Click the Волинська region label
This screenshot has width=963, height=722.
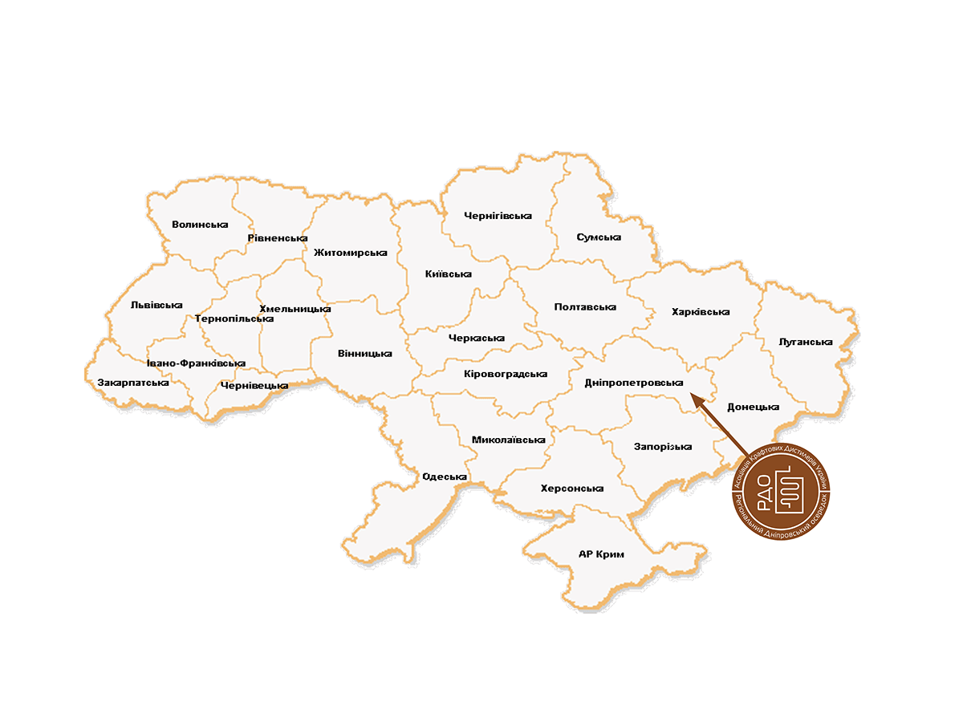[x=200, y=225]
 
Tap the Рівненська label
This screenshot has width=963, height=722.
[x=278, y=238]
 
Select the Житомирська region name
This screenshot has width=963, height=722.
[x=350, y=253]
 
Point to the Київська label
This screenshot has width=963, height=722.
[x=448, y=274]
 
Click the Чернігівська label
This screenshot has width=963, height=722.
[x=498, y=216]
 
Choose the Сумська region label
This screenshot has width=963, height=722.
[x=599, y=237]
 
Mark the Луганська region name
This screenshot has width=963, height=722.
[x=805, y=342]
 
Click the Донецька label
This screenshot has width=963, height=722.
[x=753, y=407]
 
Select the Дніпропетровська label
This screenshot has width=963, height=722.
[x=633, y=383]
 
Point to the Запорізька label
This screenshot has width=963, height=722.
[x=662, y=447]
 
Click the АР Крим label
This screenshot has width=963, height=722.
[x=601, y=554]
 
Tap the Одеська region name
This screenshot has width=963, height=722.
[x=445, y=477]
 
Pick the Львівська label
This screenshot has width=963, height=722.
[x=156, y=305]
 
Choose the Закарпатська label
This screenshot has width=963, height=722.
[x=132, y=383]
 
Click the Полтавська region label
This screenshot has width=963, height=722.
[x=585, y=307]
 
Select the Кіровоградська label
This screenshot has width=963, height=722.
[x=506, y=374]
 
